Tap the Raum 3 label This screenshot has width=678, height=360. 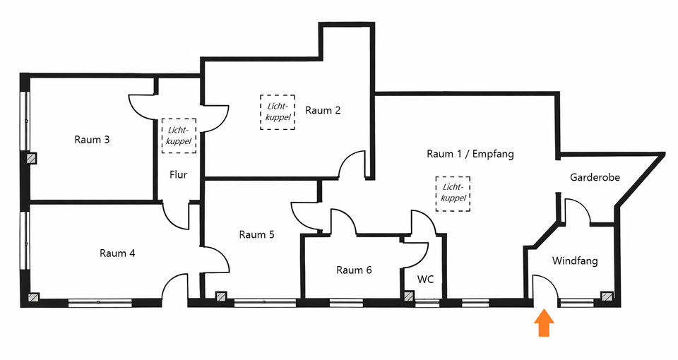point(92,140)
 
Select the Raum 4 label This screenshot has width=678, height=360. point(117,253)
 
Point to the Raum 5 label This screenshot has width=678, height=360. point(256,235)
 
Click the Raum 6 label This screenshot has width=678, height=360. point(354,270)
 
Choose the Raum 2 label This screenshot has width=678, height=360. point(323,110)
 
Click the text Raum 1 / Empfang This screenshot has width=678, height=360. point(470,154)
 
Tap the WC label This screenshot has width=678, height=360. point(425,280)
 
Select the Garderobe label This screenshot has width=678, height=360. point(595,178)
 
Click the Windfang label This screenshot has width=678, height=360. point(575,261)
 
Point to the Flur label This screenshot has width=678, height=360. point(178,175)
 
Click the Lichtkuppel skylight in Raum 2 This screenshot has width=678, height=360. point(278,112)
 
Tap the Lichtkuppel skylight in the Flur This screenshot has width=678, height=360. point(179,135)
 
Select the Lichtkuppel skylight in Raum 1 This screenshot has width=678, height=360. point(453,193)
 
